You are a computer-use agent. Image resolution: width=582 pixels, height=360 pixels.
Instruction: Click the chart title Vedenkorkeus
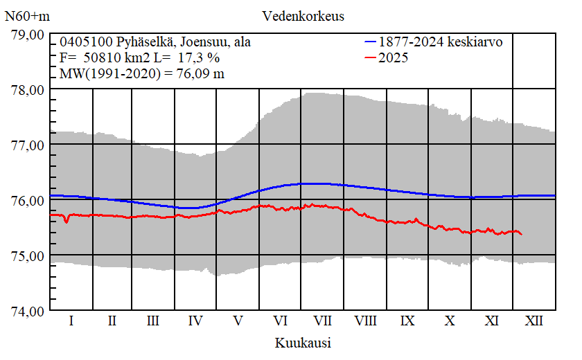pos(303,15)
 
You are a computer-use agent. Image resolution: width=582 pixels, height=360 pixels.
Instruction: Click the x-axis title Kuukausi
pos(302,343)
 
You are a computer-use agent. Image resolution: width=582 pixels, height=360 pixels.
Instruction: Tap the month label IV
pos(195,321)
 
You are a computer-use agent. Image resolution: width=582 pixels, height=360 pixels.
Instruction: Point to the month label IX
pos(407,321)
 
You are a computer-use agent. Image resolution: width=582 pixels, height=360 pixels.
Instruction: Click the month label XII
pos(533,321)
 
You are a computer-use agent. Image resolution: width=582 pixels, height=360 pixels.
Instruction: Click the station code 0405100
pos(83,42)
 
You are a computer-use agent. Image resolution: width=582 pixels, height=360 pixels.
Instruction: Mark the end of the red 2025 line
pos(521,235)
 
